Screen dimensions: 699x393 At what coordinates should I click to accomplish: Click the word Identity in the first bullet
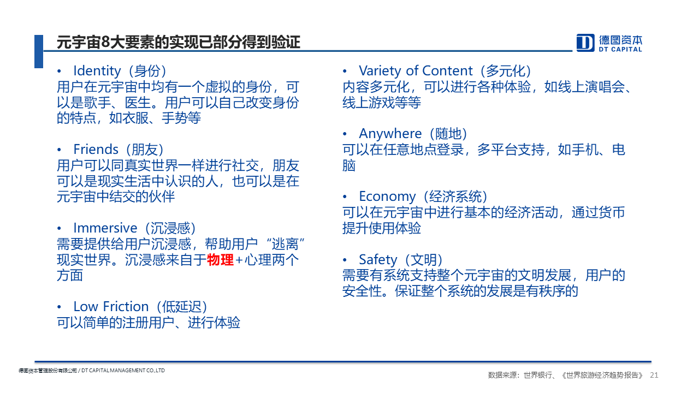pos(97,71)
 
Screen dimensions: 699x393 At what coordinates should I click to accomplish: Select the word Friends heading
pos(96,150)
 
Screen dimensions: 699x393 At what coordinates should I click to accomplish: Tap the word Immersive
pos(105,228)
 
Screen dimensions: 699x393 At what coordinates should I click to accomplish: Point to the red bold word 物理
pos(220,260)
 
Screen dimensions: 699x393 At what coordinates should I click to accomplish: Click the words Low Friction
pos(111,307)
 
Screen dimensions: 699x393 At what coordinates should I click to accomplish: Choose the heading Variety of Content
pos(416,71)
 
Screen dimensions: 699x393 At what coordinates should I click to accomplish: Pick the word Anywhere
pos(390,134)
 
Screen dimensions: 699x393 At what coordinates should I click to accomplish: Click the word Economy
pos(387,196)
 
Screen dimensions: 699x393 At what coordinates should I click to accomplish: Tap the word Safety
pos(378,259)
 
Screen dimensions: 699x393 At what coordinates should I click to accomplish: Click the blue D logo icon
pos(585,43)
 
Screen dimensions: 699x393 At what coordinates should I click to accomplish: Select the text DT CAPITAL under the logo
pos(620,49)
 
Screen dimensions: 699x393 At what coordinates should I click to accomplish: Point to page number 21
pos(654,375)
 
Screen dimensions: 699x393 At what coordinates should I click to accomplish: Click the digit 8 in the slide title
pos(105,42)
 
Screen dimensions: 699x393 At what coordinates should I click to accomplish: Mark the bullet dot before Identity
pos(59,72)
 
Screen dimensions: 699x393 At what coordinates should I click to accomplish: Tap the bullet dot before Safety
pos(345,260)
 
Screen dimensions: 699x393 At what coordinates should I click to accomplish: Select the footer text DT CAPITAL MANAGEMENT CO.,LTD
pos(123,371)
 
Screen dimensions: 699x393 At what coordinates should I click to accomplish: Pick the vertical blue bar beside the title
pos(39,51)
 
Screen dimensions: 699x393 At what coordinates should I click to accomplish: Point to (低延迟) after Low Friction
pos(182,307)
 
